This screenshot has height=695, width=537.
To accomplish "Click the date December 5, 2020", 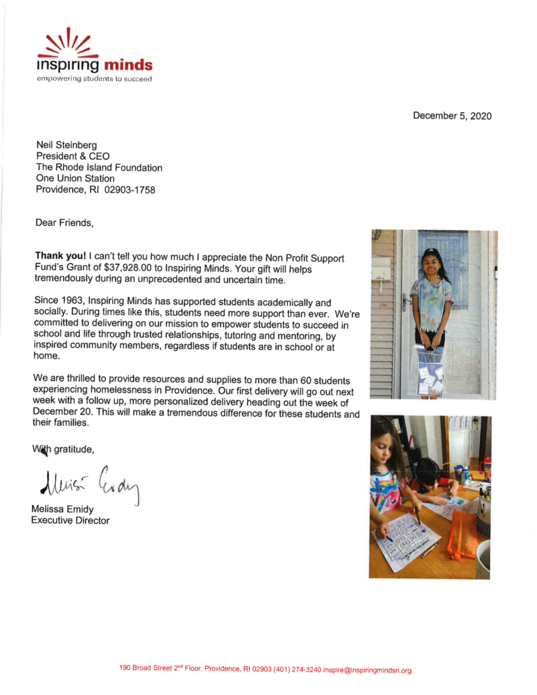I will click(452, 116).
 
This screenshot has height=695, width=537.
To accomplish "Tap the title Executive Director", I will click(70, 521).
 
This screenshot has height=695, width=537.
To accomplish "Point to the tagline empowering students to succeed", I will click(94, 79).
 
